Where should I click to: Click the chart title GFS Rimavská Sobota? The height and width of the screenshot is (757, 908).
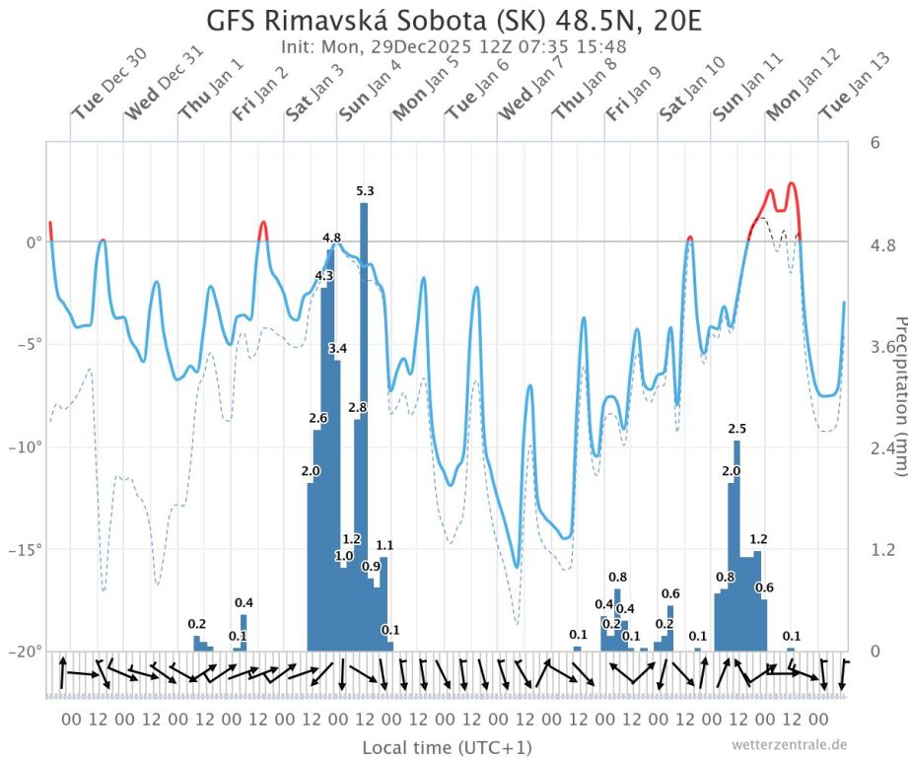click(454, 21)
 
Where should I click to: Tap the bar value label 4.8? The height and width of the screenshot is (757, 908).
click(332, 238)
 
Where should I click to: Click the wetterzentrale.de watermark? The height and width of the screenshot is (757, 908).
click(789, 744)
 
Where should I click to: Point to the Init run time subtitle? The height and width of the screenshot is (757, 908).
click(454, 46)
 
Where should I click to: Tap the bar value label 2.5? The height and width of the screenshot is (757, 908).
click(736, 429)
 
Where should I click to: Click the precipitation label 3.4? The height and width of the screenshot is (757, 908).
click(337, 349)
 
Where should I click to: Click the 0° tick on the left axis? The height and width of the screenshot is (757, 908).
click(34, 241)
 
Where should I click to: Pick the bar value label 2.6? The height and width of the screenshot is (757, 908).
click(317, 418)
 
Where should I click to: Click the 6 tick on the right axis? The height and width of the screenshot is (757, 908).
click(874, 141)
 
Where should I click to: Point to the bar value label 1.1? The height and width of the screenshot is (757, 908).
click(384, 545)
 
